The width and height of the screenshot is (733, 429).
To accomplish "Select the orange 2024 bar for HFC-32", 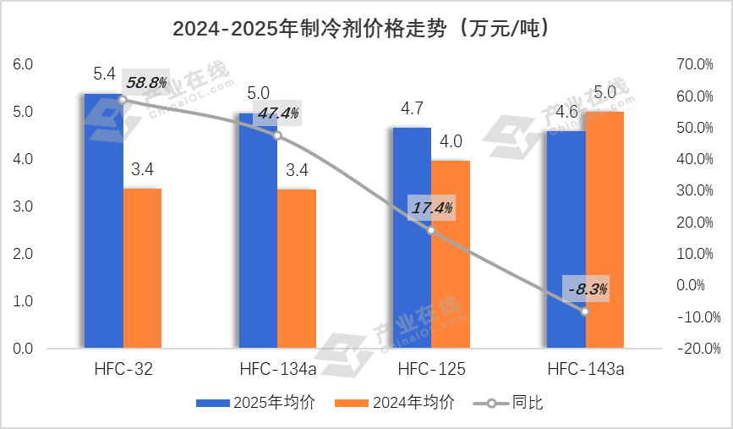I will tap(142, 267).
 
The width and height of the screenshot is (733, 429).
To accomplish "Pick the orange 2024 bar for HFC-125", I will tap(450, 254).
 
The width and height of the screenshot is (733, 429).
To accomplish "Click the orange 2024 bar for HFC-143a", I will tap(604, 228).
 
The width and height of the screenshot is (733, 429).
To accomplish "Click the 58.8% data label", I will tap(146, 82).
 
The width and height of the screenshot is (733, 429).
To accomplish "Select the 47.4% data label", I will tap(278, 113).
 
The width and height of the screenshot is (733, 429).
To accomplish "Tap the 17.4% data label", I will tap(432, 206).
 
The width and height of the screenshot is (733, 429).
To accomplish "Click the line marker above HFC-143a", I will tap(585, 311).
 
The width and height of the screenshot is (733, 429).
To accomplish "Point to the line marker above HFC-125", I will tap(431, 230).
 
